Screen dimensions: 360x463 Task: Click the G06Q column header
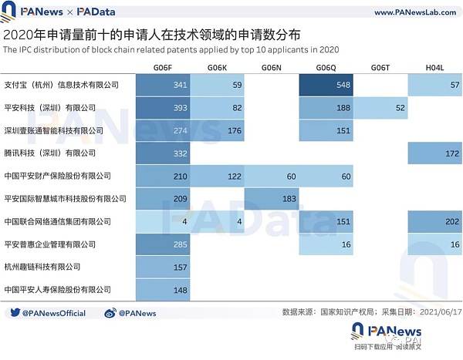tap(326, 69)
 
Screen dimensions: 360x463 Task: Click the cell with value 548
tap(326, 84)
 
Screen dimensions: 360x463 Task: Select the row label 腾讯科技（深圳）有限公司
tap(50, 153)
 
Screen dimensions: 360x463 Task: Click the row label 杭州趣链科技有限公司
tap(42, 267)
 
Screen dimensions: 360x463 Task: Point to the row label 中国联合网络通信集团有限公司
tap(58, 222)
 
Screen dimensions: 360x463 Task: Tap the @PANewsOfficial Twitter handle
tap(54, 313)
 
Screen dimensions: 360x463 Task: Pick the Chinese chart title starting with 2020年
tap(153, 35)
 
